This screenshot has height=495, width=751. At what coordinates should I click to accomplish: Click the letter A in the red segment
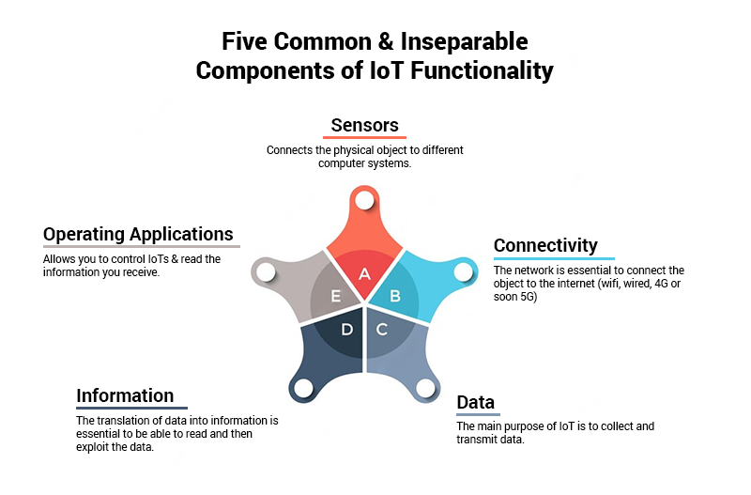pos(365,274)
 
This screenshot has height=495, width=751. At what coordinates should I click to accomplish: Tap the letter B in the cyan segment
pos(395,297)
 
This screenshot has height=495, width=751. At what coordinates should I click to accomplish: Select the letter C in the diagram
pos(382,330)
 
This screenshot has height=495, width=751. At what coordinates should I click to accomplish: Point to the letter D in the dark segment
pos(346,330)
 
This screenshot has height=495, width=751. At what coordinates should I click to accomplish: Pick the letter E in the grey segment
pos(335,297)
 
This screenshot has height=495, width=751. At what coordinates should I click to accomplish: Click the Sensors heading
pos(365,125)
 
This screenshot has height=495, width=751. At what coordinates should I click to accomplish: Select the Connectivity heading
pos(545,245)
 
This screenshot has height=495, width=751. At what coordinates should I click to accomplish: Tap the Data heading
pos(475,403)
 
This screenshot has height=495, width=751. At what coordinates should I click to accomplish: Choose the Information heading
pos(125,394)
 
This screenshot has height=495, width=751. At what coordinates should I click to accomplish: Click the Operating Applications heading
pos(138,234)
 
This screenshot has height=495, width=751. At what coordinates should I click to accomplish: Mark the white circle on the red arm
pos(365,200)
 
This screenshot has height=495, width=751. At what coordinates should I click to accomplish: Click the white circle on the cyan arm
pos(462,272)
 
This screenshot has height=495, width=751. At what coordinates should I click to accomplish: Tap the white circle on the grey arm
pos(265,272)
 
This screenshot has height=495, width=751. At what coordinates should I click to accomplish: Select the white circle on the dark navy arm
pos(302,388)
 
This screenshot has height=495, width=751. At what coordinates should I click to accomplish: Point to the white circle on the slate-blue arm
pos(425,387)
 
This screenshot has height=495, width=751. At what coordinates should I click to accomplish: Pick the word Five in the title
pos(250,41)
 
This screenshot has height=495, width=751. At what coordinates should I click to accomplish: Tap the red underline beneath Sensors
pos(366,138)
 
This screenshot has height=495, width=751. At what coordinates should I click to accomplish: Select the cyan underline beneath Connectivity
pos(554,258)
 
